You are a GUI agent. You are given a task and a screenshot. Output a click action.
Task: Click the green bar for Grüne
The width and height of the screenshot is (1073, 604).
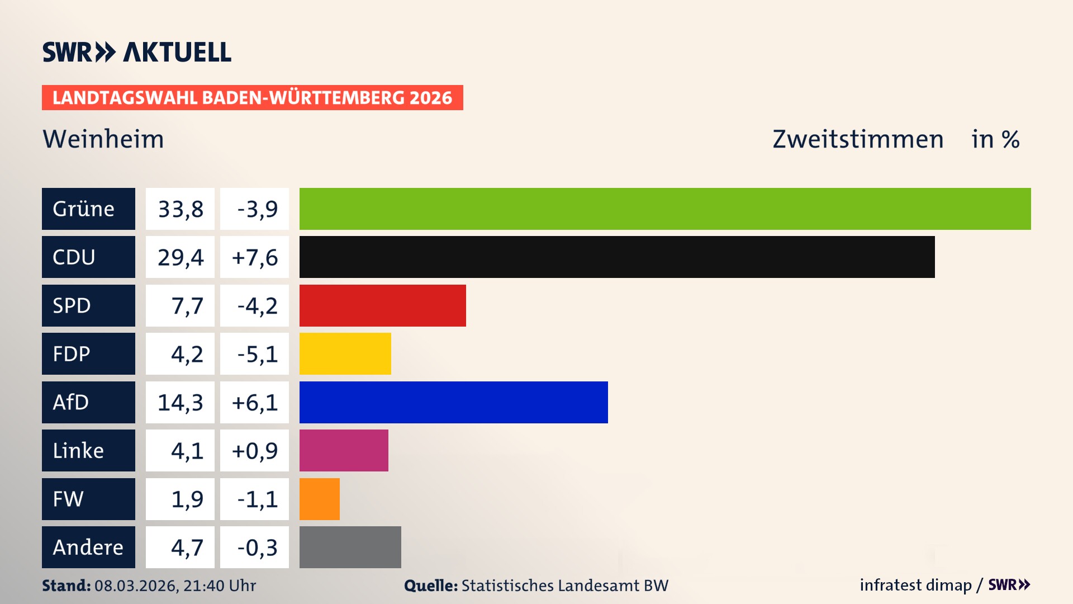(x=665, y=209)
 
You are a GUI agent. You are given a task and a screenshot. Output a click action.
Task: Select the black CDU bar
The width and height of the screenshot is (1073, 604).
(x=617, y=257)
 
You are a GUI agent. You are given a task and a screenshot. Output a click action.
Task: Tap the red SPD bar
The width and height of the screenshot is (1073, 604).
(x=382, y=305)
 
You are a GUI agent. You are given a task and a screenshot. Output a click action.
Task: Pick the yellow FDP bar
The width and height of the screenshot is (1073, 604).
(x=345, y=353)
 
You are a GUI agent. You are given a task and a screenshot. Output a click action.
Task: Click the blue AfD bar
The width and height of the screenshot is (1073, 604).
(x=453, y=402)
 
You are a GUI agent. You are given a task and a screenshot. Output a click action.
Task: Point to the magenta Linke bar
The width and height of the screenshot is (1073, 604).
(x=344, y=450)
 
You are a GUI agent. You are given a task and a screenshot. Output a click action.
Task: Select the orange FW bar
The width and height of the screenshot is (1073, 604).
(x=319, y=499)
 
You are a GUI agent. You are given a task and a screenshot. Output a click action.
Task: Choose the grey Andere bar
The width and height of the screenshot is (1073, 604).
(x=350, y=547)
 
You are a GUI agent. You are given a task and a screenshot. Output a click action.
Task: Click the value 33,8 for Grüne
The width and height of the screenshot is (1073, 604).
(x=180, y=209)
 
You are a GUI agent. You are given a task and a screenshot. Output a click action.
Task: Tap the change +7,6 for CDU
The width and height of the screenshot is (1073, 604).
(x=254, y=257)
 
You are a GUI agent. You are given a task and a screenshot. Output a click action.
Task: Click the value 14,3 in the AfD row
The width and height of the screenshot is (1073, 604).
(x=180, y=403)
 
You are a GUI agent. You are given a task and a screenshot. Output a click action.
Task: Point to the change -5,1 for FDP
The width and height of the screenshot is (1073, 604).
(x=257, y=354)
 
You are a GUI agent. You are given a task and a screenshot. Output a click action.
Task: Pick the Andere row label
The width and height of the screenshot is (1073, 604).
(x=88, y=547)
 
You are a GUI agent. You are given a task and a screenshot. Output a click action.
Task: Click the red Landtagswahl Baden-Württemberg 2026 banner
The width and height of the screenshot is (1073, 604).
(x=252, y=97)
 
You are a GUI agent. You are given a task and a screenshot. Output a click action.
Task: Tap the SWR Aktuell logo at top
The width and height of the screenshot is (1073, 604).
(x=136, y=52)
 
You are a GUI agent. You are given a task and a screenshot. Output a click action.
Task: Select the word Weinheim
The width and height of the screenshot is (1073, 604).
(x=103, y=139)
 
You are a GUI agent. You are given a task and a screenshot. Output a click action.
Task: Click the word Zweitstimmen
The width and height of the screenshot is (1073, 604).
(x=858, y=139)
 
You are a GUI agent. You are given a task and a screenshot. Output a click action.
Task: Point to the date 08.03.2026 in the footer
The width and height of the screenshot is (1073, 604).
(x=136, y=586)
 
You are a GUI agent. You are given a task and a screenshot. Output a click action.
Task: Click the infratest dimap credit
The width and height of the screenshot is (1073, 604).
(x=915, y=585)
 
